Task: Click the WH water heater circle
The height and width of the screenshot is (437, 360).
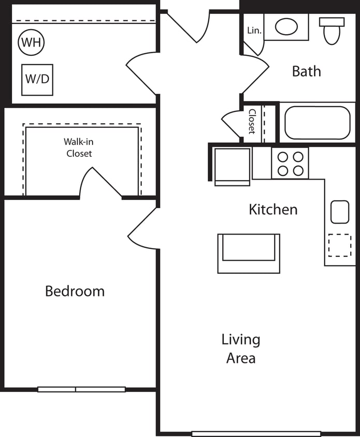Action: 31,42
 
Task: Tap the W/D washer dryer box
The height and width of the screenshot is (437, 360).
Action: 37,80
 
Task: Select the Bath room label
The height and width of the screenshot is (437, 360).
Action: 306,71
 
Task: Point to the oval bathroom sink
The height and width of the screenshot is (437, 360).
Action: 285,26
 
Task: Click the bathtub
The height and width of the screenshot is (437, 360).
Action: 317,123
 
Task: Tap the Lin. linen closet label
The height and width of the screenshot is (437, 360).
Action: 254,31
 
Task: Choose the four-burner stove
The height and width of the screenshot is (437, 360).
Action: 290,163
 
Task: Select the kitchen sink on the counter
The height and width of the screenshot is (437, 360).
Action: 340,212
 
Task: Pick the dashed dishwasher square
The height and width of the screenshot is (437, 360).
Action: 340,245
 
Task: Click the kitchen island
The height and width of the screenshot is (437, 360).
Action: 249,253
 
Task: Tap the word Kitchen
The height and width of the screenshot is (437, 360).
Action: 273,210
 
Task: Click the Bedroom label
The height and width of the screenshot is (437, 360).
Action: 75,291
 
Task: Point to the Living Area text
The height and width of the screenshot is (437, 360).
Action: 241,348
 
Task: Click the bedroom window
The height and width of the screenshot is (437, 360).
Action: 81,389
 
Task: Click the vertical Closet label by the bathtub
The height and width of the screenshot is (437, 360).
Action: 252,121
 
